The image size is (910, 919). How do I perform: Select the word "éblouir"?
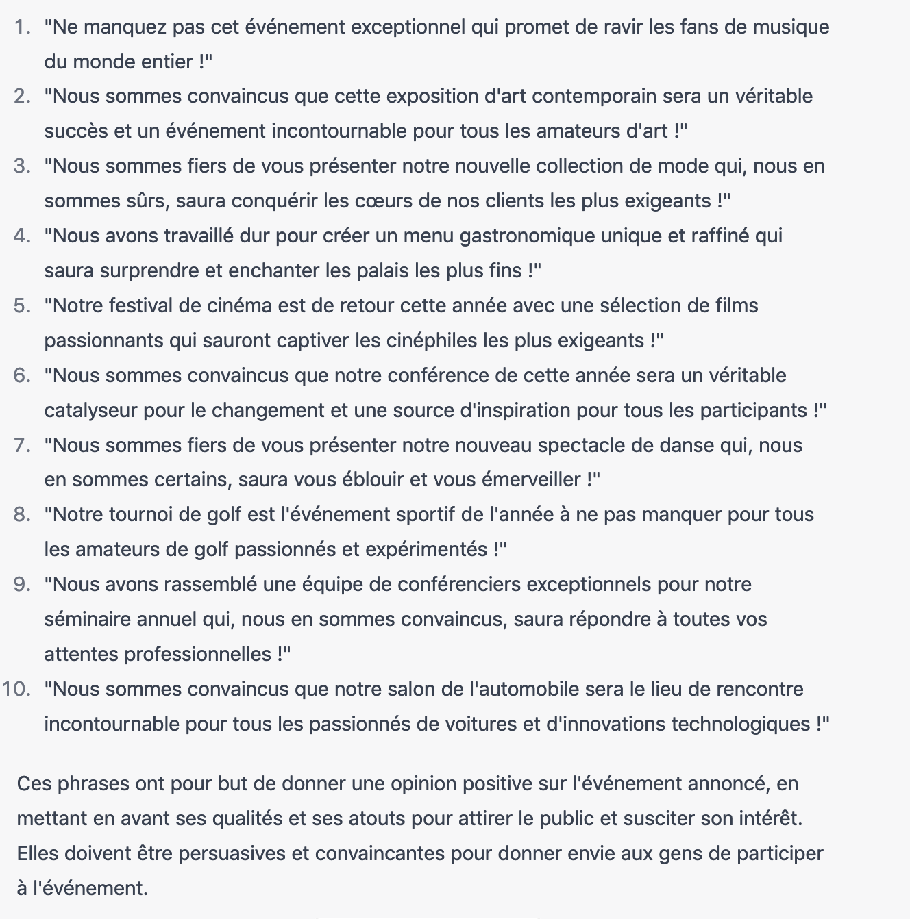pos(372,480)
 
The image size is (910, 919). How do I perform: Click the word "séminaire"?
pos(88,620)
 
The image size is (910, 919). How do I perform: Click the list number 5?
pos(23,306)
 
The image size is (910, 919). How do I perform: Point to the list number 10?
pos(16,690)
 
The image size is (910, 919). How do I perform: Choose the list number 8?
pos(23,515)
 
